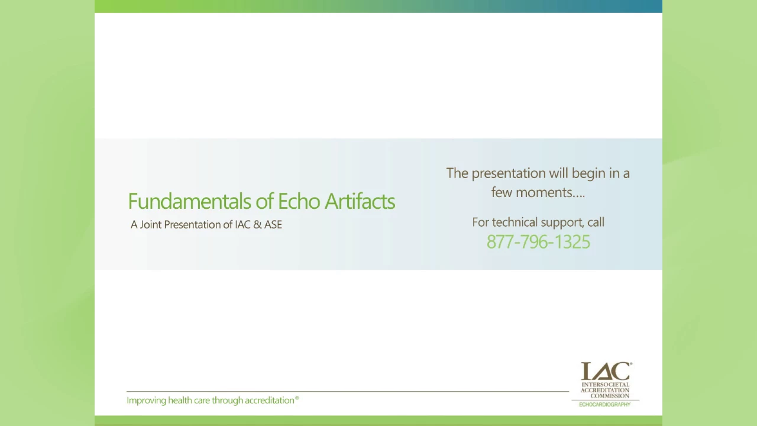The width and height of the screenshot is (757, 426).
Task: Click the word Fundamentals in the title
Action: tap(190, 202)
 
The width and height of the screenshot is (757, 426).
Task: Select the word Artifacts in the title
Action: tap(360, 202)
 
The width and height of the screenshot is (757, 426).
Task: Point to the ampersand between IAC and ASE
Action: tap(257, 225)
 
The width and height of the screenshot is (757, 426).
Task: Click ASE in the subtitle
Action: tap(273, 225)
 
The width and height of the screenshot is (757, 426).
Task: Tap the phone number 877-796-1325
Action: tap(538, 242)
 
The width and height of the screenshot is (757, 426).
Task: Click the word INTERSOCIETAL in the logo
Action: tap(605, 385)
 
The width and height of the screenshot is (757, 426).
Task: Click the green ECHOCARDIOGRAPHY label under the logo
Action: tap(604, 405)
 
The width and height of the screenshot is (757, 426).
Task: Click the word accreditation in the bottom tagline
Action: tap(269, 401)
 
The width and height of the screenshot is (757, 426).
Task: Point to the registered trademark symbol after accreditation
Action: tap(297, 398)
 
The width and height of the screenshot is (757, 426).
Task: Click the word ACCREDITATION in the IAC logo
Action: tap(605, 390)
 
